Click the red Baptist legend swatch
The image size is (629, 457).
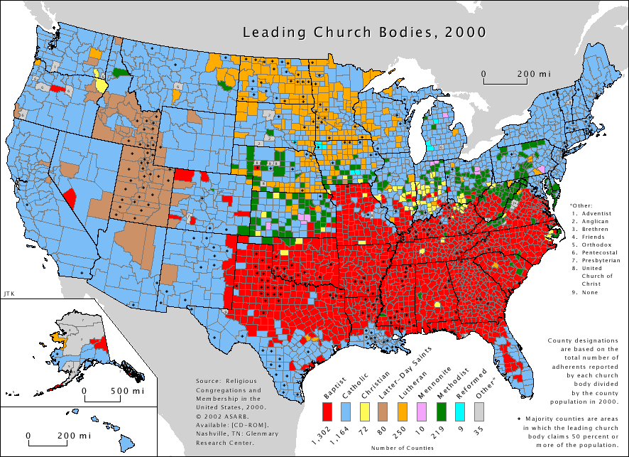coord(327,411)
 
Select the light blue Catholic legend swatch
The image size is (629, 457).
coord(347,411)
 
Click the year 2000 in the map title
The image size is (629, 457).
coord(469,33)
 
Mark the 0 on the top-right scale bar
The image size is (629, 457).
coord(483,74)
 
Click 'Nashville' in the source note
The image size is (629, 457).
coord(213,436)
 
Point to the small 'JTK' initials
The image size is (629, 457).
coord(8,292)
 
